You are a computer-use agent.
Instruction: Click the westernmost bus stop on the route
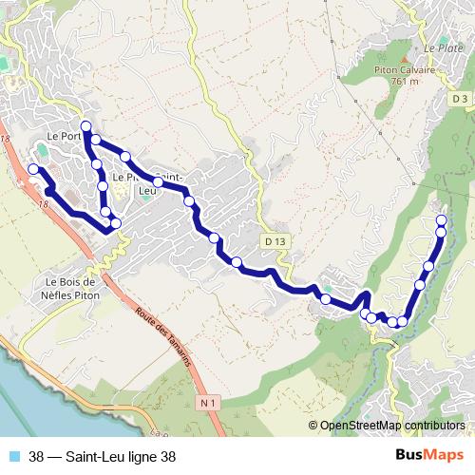tap(34, 169)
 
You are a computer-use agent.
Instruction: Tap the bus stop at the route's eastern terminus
tap(441, 221)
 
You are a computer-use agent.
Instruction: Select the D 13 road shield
tap(275, 242)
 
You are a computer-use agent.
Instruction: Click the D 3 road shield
tap(460, 99)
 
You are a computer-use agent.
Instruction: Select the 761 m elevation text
tap(404, 82)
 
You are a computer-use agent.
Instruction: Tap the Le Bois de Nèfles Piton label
tap(72, 288)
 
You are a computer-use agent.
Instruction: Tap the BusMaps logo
tap(430, 455)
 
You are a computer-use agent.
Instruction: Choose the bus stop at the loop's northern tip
tap(86, 126)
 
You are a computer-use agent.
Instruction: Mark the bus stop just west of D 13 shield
tap(237, 260)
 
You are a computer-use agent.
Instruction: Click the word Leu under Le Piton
tap(146, 190)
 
